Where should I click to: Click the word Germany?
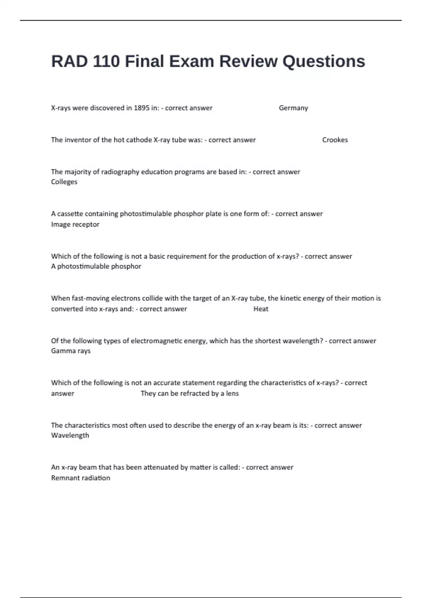click(x=293, y=108)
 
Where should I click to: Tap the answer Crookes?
click(x=335, y=140)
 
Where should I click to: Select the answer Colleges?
click(x=64, y=182)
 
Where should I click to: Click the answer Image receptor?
click(x=75, y=224)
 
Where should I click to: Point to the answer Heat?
click(x=261, y=309)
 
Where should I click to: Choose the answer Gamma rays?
click(x=71, y=351)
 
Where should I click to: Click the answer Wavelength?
click(x=70, y=435)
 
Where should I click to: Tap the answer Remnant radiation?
click(x=81, y=478)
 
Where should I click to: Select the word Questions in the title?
click(x=324, y=61)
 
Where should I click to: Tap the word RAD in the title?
click(x=69, y=61)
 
